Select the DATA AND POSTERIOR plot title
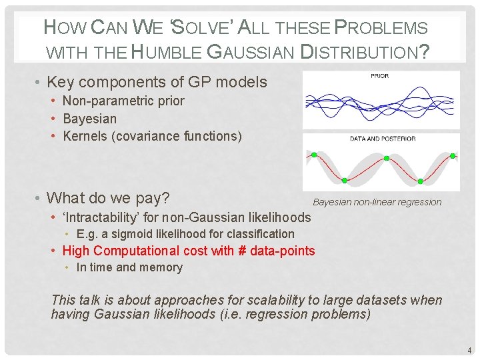click(x=382, y=139)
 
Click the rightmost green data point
click(x=453, y=155)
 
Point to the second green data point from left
click(x=345, y=180)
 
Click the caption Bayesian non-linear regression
click(x=377, y=202)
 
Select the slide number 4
click(x=469, y=350)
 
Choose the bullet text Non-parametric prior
click(x=123, y=101)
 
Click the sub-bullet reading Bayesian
click(x=89, y=119)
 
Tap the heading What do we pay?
click(x=108, y=198)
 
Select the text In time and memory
click(x=129, y=267)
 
